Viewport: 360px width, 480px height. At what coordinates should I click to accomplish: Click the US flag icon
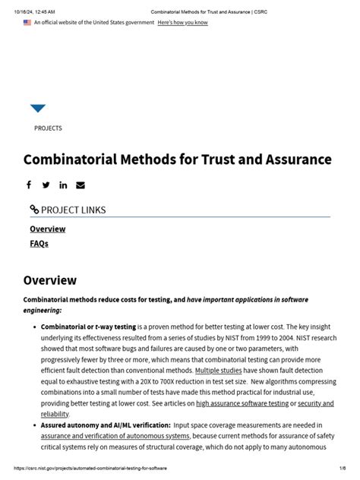pos(27,23)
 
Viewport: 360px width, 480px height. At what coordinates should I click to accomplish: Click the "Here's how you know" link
pos(182,23)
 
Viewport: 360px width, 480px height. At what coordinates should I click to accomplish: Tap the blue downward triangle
pos(38,109)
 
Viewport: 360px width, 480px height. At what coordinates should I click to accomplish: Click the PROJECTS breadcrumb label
pos(48,128)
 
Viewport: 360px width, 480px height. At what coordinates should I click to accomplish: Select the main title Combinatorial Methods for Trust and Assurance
pos(178,159)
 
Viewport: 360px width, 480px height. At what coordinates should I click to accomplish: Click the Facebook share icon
pos(29,185)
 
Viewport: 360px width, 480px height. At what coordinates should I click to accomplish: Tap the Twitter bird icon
pos(46,185)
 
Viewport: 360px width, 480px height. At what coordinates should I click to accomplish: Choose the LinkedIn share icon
pos(63,185)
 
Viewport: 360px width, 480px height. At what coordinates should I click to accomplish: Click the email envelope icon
pos(81,185)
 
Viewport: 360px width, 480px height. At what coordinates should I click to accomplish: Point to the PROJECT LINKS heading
pos(68,210)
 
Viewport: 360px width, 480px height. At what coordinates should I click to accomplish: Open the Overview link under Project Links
pos(47,229)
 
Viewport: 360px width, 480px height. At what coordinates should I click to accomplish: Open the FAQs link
pos(39,244)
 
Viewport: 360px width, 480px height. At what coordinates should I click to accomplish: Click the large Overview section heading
pos(50,280)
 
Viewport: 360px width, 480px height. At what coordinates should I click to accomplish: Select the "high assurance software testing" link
pos(242,403)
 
